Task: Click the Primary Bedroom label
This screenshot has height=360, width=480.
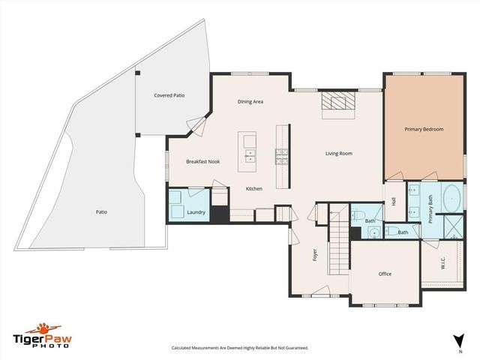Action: tap(424, 130)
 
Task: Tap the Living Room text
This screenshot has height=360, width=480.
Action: tap(338, 154)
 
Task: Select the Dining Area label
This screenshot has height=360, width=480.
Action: tap(250, 102)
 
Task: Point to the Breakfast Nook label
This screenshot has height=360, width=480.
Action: tap(202, 162)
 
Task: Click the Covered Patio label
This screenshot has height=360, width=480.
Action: tap(169, 96)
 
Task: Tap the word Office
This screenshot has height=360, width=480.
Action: tap(385, 274)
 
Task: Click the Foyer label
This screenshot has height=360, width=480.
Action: tap(316, 255)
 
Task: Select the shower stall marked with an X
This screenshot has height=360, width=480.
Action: tap(454, 226)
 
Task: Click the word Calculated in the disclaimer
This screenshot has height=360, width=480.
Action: tap(184, 348)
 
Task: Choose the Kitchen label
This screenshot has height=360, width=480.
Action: tap(254, 188)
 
